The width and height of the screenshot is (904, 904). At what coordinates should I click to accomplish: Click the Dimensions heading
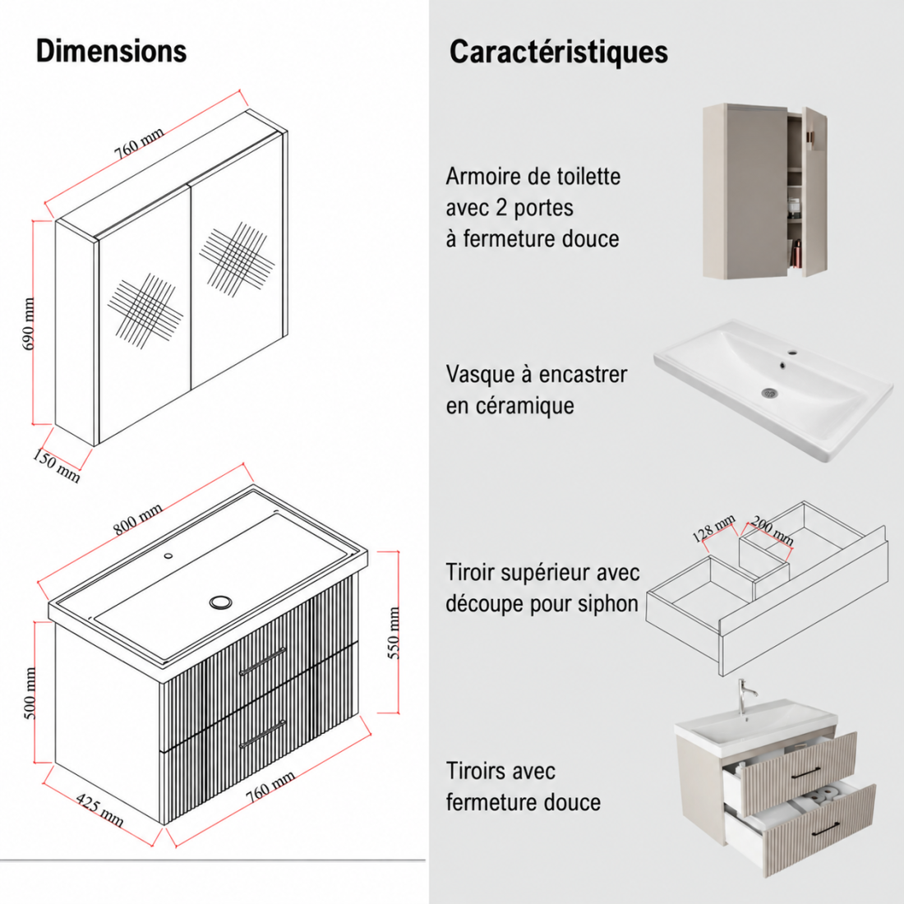(x=111, y=51)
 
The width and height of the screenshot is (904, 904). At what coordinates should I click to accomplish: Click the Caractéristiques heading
(x=559, y=52)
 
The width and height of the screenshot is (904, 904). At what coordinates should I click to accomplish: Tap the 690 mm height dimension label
(x=29, y=324)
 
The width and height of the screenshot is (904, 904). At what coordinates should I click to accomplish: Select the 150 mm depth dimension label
(x=56, y=466)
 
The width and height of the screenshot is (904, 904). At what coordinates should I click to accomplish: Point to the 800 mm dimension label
(x=137, y=519)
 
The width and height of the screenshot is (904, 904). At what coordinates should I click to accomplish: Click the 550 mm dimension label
(x=393, y=633)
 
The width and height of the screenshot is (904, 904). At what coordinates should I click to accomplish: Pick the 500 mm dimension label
(x=30, y=693)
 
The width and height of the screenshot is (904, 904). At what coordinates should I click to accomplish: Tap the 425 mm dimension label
(x=99, y=810)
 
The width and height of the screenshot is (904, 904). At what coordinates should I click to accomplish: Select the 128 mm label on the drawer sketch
(x=713, y=528)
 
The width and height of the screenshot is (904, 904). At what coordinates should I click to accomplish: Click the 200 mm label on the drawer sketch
(x=773, y=531)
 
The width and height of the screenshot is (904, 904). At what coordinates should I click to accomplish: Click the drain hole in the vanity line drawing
(x=220, y=602)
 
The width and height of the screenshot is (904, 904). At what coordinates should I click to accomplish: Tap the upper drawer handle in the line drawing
(x=262, y=662)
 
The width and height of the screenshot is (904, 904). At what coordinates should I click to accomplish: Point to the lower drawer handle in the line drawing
(x=262, y=735)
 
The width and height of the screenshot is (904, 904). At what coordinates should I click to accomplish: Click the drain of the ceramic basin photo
(x=769, y=393)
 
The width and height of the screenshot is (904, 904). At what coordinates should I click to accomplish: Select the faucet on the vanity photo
(x=745, y=698)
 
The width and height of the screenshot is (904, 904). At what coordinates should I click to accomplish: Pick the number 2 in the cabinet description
(x=501, y=208)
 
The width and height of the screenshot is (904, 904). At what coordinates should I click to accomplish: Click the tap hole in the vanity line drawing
(x=168, y=556)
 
